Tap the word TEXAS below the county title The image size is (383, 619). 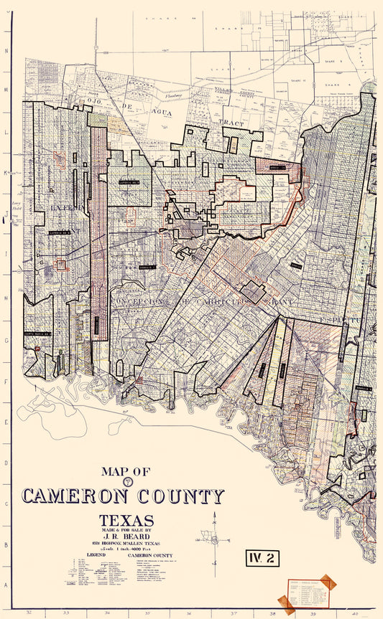(126, 519)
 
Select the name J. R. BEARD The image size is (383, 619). (126, 536)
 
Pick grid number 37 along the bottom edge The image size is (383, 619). (234, 613)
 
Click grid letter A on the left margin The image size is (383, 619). (6, 585)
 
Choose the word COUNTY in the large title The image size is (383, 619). (180, 496)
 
